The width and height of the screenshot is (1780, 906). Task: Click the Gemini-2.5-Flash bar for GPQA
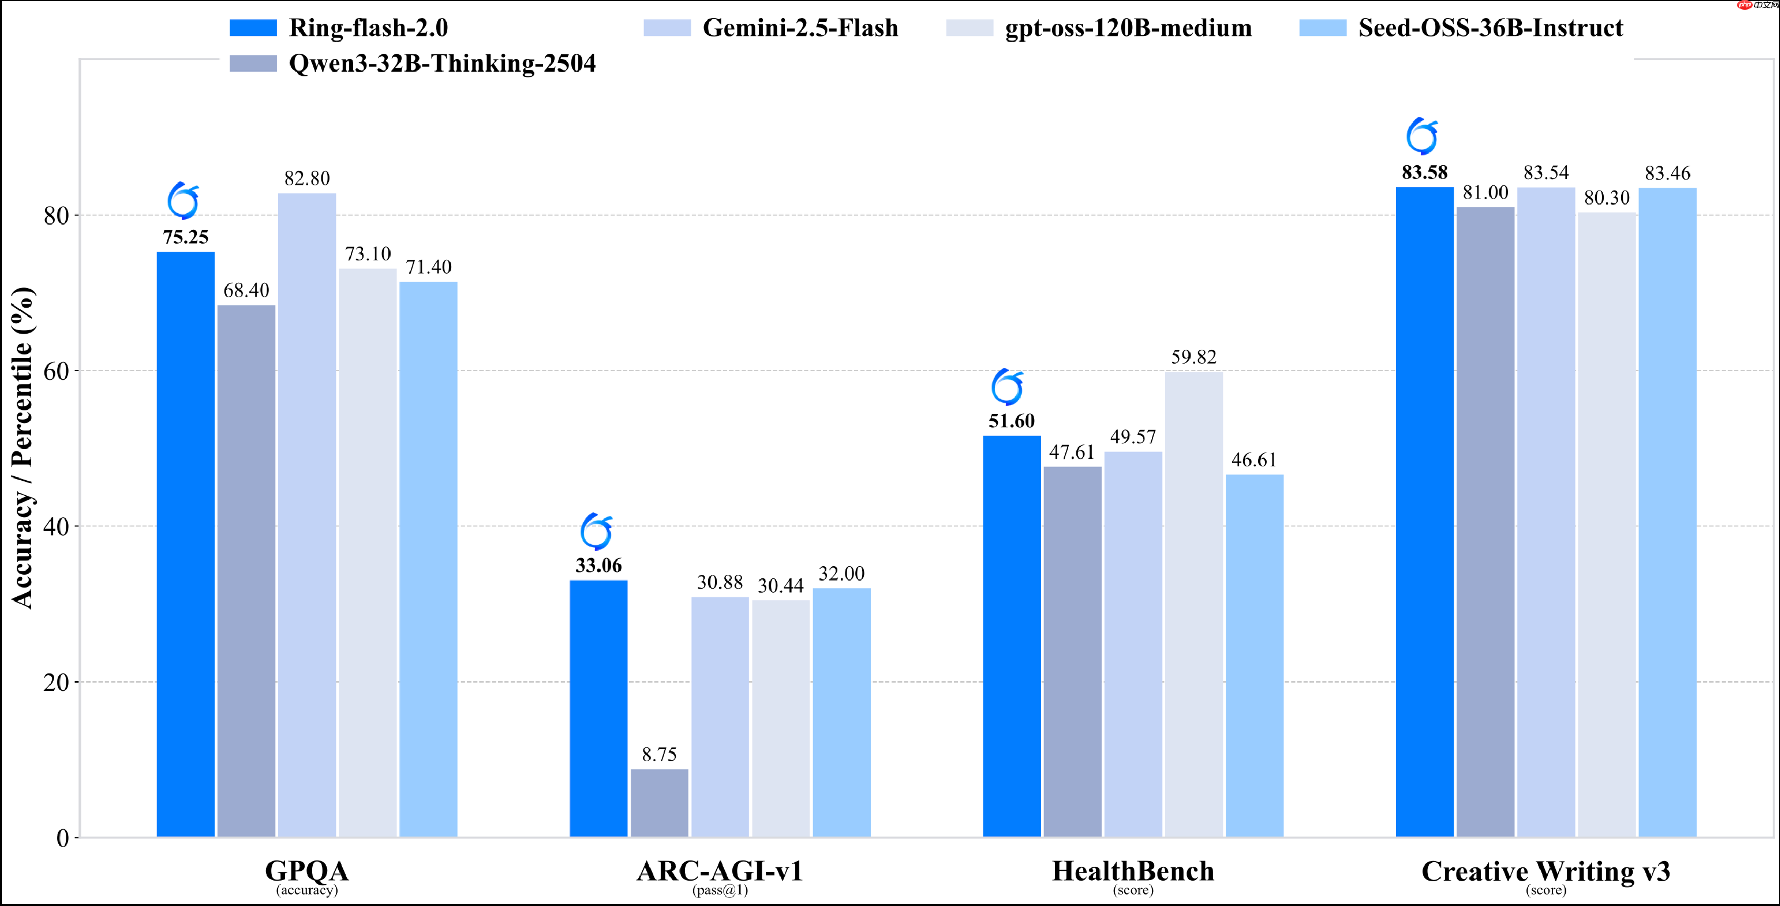click(x=307, y=514)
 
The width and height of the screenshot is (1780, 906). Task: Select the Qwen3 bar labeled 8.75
click(x=659, y=802)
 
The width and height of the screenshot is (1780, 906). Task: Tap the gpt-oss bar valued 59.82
click(x=1193, y=604)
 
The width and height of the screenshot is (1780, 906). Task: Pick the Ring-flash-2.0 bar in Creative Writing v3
click(x=1424, y=512)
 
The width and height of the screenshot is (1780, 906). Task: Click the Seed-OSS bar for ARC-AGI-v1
click(x=841, y=712)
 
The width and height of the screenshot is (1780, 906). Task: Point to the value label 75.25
click(x=186, y=238)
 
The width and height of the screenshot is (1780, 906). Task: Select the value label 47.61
click(x=1072, y=452)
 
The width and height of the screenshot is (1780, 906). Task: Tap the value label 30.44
click(x=780, y=586)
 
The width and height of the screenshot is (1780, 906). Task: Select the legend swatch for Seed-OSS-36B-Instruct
click(x=1323, y=28)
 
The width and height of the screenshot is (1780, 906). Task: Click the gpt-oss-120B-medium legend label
click(x=1128, y=28)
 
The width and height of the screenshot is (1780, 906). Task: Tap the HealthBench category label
click(x=1133, y=871)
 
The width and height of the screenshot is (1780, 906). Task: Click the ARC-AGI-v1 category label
click(x=720, y=871)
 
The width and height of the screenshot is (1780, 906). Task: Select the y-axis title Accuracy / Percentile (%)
click(x=22, y=447)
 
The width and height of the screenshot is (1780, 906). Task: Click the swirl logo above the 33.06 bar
click(x=596, y=532)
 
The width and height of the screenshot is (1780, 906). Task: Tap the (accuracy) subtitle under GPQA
click(x=307, y=890)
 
